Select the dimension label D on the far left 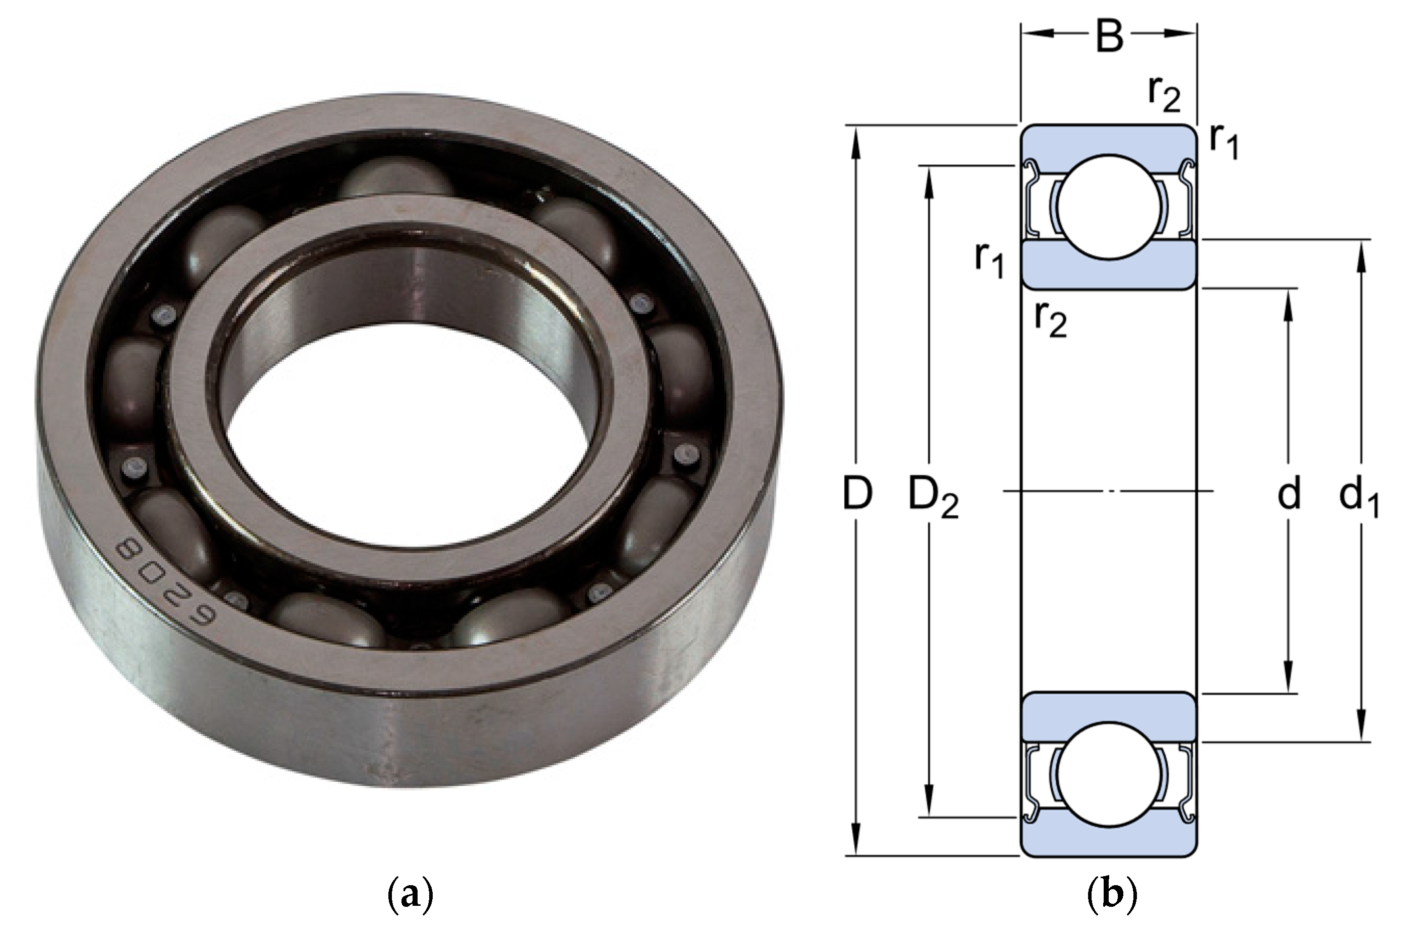tap(857, 494)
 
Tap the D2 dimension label tap(932, 498)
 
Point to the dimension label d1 tap(1358, 498)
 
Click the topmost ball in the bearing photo tap(396, 177)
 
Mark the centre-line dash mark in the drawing tap(1109, 491)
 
